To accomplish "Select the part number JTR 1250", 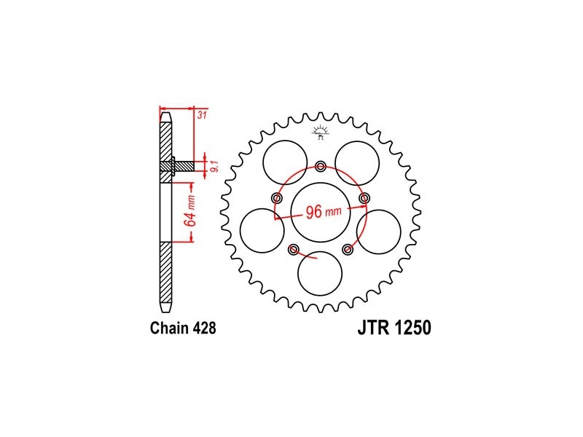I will [394, 328].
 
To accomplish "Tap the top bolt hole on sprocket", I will [321, 166].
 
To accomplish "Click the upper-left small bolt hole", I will [276, 198].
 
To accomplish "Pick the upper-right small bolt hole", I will [365, 198].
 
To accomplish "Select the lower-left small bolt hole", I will [294, 250].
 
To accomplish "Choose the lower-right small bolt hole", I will [348, 250].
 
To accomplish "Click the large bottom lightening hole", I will [321, 274].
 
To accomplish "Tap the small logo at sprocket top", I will [321, 132].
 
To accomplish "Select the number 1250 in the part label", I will [413, 328].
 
